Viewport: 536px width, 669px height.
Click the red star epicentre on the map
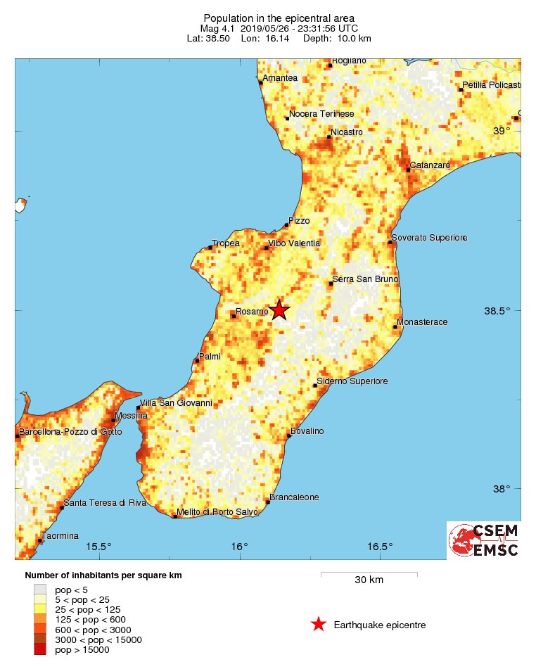(x=280, y=310)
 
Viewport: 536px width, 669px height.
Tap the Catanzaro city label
(x=430, y=165)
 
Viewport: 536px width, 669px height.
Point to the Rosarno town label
(x=251, y=312)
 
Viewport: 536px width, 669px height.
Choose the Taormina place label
(x=60, y=536)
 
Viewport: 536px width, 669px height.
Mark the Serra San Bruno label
(x=365, y=279)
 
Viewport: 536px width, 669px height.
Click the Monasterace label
(x=422, y=323)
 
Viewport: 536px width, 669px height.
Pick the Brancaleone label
(x=294, y=497)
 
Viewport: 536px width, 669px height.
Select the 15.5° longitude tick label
(x=99, y=547)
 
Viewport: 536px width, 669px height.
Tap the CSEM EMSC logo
(x=484, y=540)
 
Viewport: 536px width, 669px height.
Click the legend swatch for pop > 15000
(x=40, y=649)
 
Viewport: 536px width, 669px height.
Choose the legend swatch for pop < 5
(x=40, y=590)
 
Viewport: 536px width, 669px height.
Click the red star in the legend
(x=319, y=624)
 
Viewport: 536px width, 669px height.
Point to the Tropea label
(x=226, y=243)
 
